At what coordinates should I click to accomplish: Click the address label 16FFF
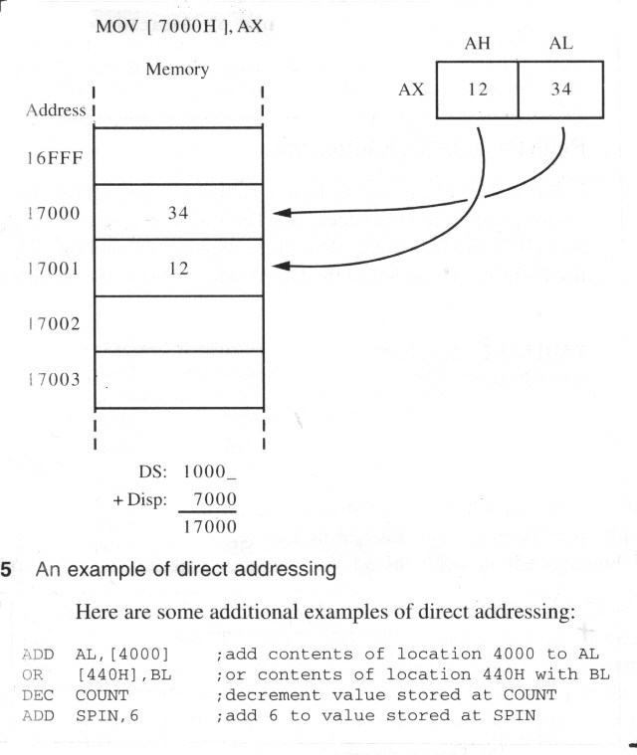[55, 158]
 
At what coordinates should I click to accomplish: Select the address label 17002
[54, 323]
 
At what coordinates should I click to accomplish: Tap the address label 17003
[54, 379]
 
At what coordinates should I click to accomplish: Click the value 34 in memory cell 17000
[178, 212]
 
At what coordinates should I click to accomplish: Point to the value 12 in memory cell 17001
[178, 269]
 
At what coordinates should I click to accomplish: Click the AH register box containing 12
[477, 90]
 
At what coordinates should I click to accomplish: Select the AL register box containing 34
[561, 90]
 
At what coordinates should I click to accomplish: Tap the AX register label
[411, 90]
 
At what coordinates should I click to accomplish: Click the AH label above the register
[477, 44]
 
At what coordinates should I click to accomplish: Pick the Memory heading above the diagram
[177, 70]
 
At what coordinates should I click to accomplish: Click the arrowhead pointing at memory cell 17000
[282, 213]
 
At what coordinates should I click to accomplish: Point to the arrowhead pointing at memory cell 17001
[282, 266]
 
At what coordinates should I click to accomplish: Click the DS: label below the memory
[152, 472]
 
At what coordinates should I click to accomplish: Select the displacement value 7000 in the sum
[215, 498]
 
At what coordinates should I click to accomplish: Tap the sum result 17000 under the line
[210, 527]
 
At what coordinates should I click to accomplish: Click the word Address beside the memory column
[56, 110]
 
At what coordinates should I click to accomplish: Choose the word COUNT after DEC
[102, 695]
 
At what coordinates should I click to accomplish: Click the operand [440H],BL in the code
[123, 674]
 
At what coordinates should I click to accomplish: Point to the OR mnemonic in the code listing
[32, 674]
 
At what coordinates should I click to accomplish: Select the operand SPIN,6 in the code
[106, 715]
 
